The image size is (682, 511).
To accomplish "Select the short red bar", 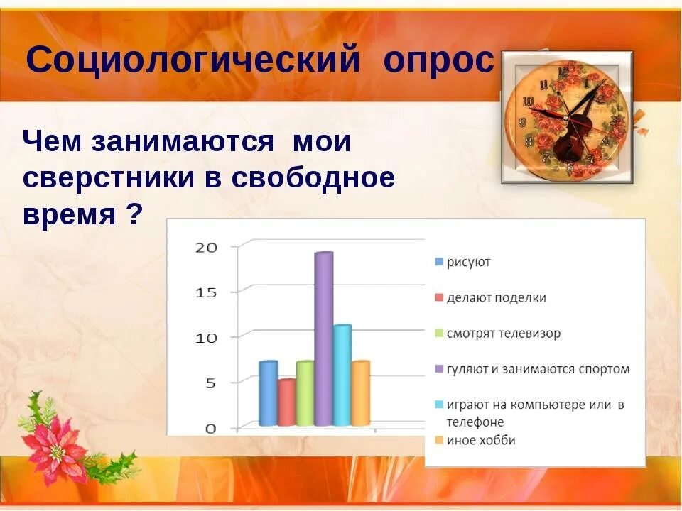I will coord(286,402).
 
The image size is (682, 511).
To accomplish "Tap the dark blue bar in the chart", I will coord(268,393).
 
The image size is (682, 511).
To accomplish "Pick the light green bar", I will coord(305,393).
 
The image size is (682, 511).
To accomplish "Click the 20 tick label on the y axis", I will coord(206,247).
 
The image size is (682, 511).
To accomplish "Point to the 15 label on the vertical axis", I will coord(206,292).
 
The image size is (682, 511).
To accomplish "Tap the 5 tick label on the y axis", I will coord(210,383).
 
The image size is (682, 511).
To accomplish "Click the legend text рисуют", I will coord(468,263).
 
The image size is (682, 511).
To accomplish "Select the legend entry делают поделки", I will coord(496,298).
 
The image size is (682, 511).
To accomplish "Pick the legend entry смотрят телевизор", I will coord(503,334).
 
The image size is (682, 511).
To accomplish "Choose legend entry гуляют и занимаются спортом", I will coord(538,369).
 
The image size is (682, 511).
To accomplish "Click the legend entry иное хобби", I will coord(481,441).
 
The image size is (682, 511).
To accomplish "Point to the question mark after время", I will coord(134,214).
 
